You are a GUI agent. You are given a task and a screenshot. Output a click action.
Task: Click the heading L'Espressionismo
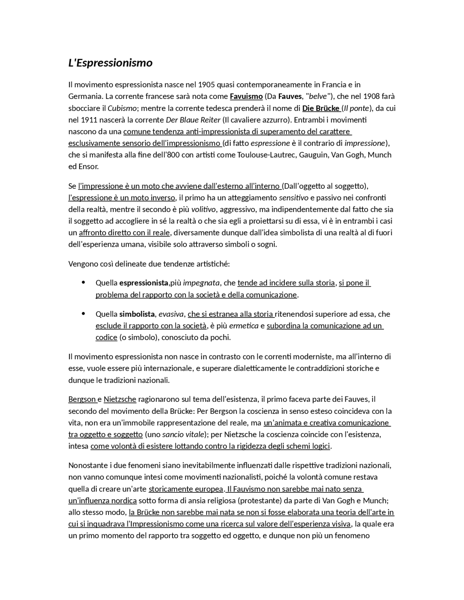coord(110,63)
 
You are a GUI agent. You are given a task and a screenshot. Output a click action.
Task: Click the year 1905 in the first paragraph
coord(207,85)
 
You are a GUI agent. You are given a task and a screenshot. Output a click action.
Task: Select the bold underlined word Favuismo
coord(246,96)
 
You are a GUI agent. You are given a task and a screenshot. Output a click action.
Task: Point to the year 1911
coord(89,120)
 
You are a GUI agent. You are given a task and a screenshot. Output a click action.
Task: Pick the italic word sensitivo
coord(293,198)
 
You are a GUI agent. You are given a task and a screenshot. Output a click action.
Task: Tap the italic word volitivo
coord(203,209)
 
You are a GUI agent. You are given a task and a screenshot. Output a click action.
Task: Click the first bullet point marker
coord(83,282)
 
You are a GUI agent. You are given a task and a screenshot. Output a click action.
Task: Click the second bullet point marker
coord(83,313)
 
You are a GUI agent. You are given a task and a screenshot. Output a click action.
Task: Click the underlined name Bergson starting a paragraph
coord(82,400)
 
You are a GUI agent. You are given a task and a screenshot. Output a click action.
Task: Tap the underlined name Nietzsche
coord(120,400)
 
